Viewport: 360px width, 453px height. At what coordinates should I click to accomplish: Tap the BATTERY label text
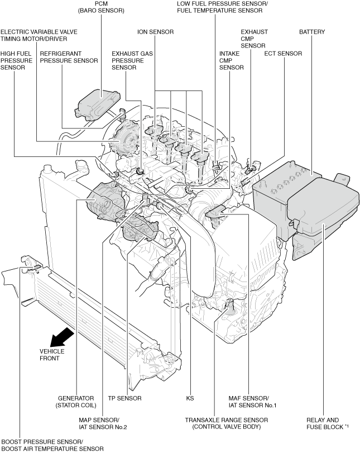(311, 32)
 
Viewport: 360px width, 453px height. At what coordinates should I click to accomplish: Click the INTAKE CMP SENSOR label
(231, 60)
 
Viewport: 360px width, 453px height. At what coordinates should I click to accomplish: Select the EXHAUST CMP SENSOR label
(254, 39)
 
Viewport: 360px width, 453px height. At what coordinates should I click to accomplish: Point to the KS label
(190, 398)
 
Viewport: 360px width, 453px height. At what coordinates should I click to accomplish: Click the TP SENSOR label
(124, 398)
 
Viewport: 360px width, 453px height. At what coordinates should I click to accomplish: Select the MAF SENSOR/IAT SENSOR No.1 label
(252, 402)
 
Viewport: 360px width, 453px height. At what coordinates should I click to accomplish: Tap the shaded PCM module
(99, 103)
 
